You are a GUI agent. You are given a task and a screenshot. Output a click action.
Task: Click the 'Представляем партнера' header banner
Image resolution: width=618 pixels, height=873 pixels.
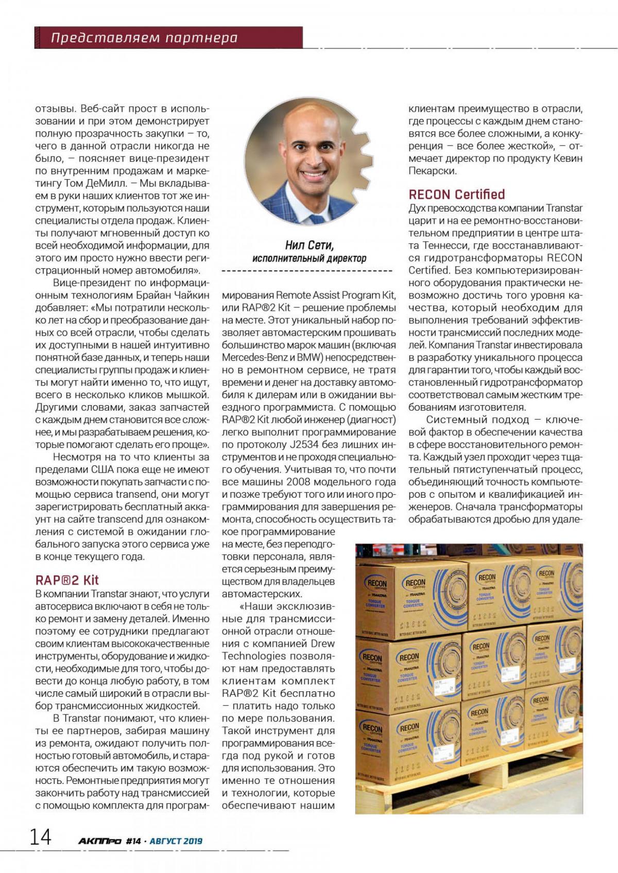click(x=144, y=38)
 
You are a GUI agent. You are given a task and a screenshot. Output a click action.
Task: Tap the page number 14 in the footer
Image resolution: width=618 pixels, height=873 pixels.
click(x=40, y=837)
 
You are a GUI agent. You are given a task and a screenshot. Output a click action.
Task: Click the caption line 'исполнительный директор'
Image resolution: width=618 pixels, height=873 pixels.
click(x=310, y=258)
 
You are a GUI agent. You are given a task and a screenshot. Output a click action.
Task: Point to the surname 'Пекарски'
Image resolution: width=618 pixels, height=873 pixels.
click(x=432, y=171)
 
